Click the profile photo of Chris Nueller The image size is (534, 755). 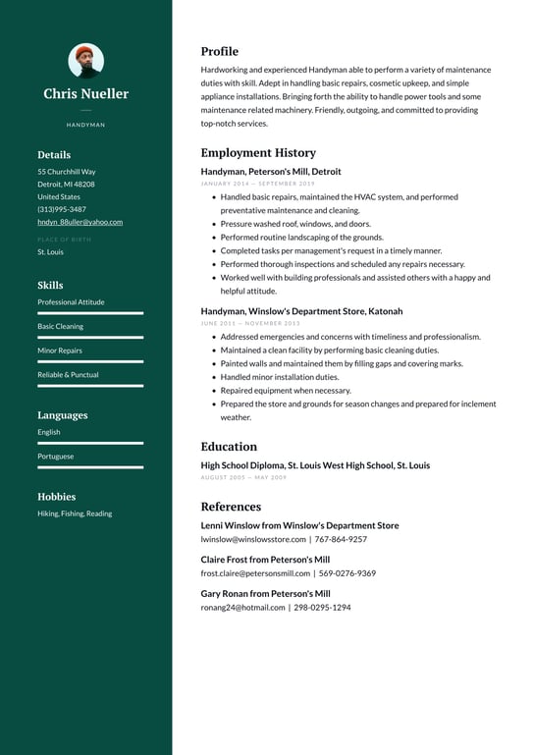[85, 61]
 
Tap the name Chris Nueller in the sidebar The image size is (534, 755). [85, 94]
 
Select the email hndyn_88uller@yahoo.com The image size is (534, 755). [80, 222]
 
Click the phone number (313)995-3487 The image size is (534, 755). [62, 209]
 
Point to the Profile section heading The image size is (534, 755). [219, 51]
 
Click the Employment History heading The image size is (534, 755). [258, 153]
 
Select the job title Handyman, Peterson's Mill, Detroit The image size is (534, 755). [271, 171]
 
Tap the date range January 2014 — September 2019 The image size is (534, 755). [257, 184]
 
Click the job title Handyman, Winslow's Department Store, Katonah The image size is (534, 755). [301, 311]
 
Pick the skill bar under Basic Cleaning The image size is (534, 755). [90, 338]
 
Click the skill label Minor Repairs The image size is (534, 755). [60, 351]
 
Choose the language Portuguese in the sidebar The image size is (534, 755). [55, 457]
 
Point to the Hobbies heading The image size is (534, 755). [56, 497]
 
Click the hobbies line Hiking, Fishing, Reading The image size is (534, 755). [75, 513]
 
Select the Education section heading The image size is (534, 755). [229, 447]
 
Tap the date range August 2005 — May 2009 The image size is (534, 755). [243, 477]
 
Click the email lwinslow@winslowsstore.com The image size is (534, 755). [253, 539]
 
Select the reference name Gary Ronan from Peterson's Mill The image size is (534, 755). [265, 594]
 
